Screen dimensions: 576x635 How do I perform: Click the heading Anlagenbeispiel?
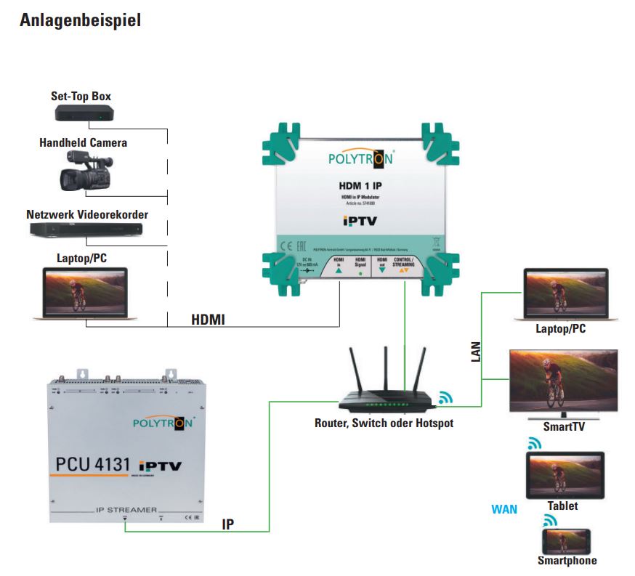80,20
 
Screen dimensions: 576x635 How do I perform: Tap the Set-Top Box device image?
85,113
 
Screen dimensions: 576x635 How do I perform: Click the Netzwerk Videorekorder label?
87,215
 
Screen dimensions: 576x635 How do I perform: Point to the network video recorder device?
86,230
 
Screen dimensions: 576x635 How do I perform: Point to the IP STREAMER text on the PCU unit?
126,511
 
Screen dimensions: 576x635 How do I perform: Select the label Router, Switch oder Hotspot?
384,423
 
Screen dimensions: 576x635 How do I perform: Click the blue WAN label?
504,508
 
